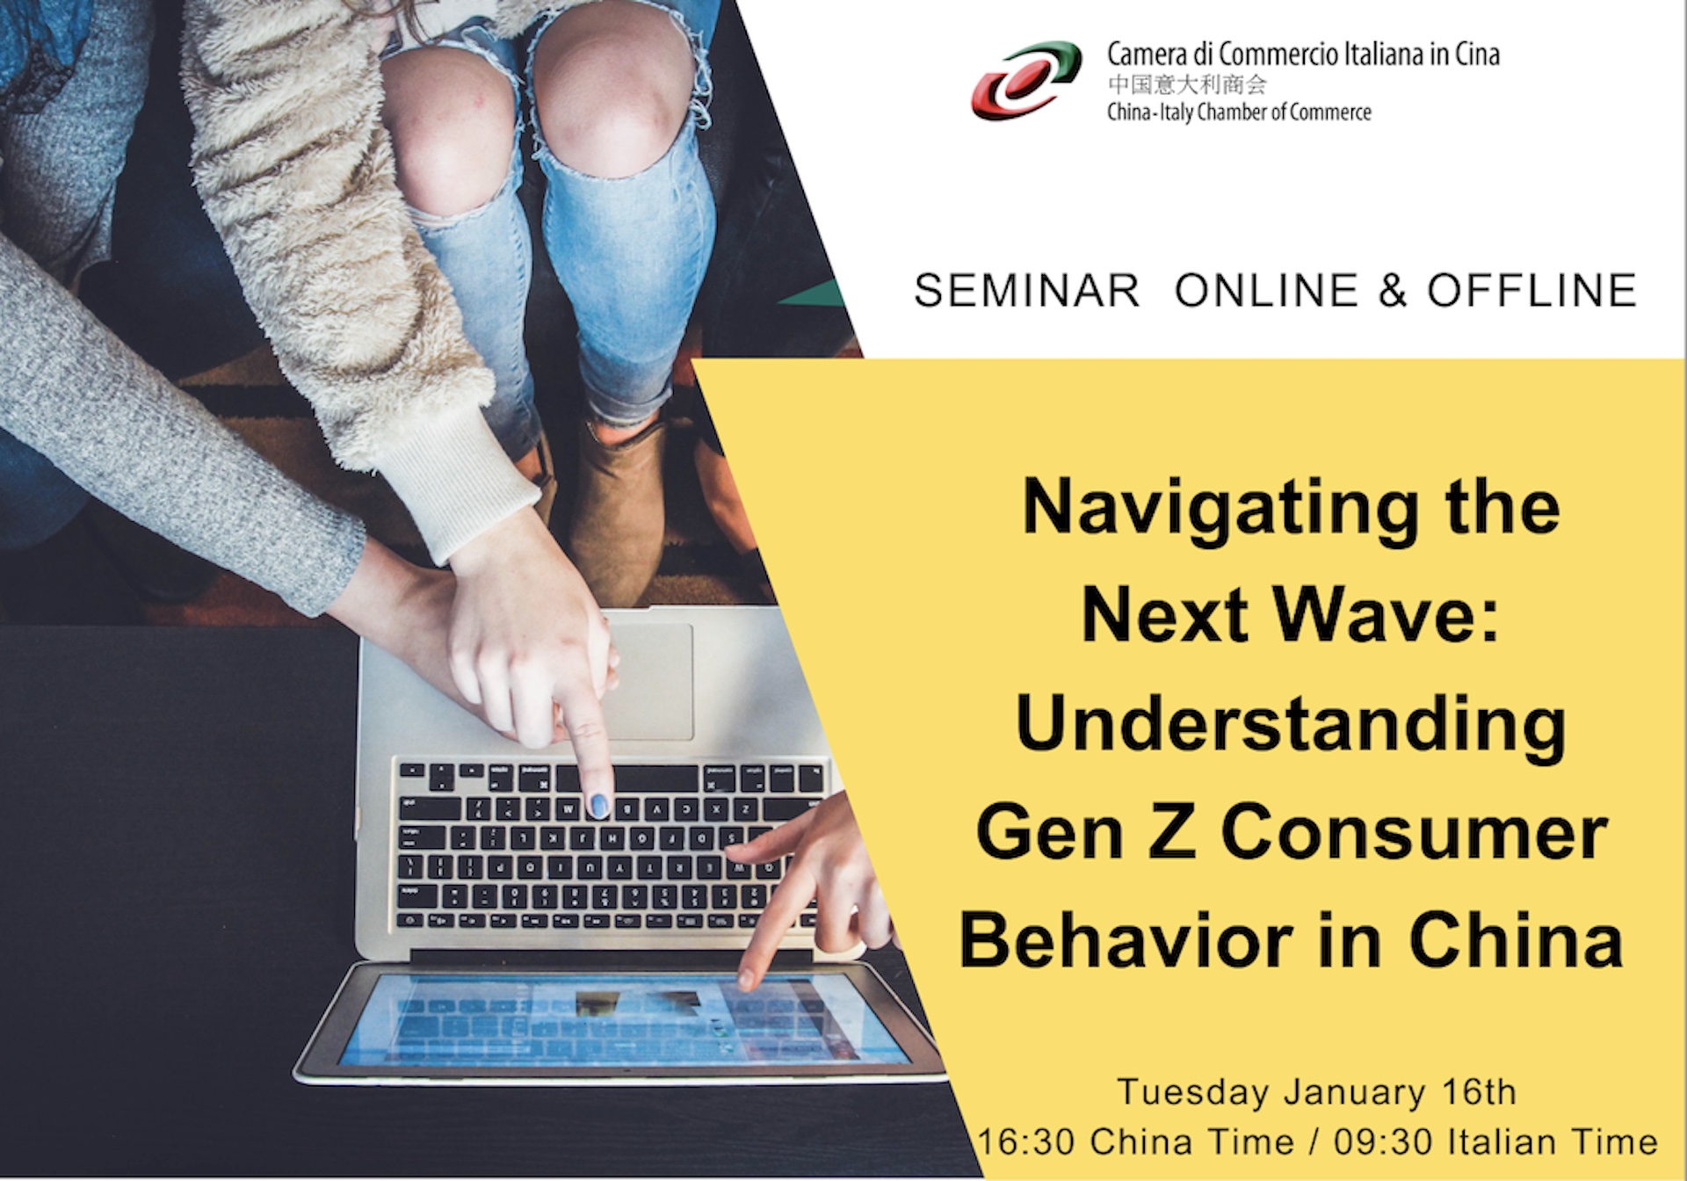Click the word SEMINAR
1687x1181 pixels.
1026,291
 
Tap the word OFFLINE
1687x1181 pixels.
1531,291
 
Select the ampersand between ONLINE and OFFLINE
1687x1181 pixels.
1393,291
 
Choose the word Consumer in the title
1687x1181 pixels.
1414,835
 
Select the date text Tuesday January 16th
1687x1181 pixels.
1316,1092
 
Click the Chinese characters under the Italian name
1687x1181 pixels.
1188,84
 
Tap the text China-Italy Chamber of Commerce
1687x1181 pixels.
1239,112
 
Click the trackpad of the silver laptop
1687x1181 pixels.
646,681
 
